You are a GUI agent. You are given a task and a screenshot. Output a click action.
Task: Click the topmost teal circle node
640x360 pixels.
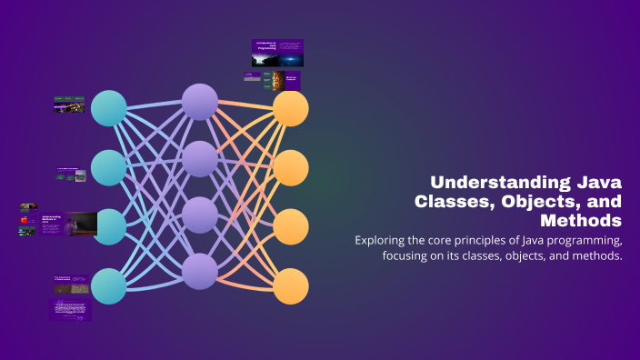tap(109, 108)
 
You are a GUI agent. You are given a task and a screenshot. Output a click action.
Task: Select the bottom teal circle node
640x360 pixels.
tap(109, 286)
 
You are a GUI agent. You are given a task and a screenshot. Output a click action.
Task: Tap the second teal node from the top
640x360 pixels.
tap(109, 167)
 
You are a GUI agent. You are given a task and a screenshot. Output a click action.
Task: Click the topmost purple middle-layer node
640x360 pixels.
tap(200, 101)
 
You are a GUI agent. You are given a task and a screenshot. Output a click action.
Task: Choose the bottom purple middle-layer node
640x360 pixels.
tap(200, 270)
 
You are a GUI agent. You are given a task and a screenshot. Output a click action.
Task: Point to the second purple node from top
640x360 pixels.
tap(200, 158)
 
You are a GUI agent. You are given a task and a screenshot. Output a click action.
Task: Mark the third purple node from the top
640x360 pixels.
tap(200, 215)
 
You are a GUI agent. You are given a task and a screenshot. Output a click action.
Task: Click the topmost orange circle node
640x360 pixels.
tap(291, 108)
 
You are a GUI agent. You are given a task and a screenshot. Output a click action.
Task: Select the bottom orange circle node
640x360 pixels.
tap(291, 286)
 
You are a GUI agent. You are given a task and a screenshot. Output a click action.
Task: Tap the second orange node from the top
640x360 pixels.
tap(291, 167)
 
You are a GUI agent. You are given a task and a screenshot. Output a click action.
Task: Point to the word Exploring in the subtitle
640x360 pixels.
tap(384, 240)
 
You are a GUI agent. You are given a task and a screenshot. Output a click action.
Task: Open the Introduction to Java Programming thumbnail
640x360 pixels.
tap(277, 53)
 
